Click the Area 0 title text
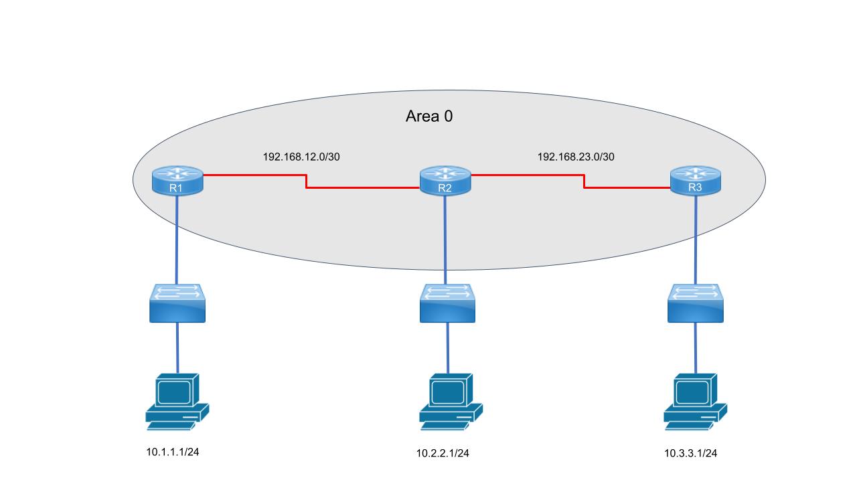pos(429,116)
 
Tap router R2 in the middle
pos(445,180)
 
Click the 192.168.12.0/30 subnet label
pos(305,157)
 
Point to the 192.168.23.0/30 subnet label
pos(576,157)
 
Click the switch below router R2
pos(448,303)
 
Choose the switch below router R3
pos(696,303)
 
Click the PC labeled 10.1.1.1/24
pos(177,401)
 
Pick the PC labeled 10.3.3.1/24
pos(695,401)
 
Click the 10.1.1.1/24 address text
pos(173,452)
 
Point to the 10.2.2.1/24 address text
pos(443,453)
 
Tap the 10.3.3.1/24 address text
pos(690,453)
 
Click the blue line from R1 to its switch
pos(177,241)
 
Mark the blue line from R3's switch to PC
pos(696,348)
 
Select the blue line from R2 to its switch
pos(446,241)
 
